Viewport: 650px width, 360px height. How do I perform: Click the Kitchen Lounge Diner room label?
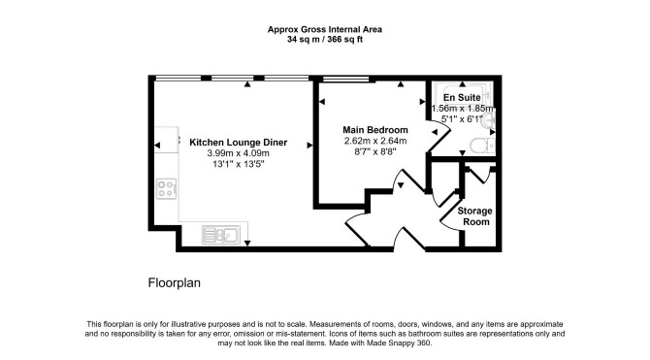(238, 143)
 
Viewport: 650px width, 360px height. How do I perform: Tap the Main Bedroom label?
(375, 130)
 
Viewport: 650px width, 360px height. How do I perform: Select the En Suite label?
(462, 97)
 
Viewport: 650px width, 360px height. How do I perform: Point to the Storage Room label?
(475, 216)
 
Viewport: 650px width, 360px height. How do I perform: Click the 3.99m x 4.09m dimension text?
(238, 153)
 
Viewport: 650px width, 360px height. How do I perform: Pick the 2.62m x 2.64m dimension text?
(375, 141)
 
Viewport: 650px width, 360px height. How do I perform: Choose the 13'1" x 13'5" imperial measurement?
(239, 164)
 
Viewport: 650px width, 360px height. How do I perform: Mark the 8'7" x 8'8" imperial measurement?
(375, 151)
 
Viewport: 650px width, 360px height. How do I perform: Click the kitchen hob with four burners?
(167, 188)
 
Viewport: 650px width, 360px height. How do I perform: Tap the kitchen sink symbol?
(221, 235)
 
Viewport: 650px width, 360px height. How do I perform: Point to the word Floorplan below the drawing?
(174, 283)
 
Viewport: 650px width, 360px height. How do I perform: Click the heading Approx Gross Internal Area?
(325, 29)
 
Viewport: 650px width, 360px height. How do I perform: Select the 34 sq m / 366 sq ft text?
(325, 40)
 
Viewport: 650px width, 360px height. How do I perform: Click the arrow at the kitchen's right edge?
(309, 146)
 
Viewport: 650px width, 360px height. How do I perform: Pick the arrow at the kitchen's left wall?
(157, 146)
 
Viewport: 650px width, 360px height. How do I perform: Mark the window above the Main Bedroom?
(345, 79)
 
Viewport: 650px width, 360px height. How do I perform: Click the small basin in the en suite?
(490, 121)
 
